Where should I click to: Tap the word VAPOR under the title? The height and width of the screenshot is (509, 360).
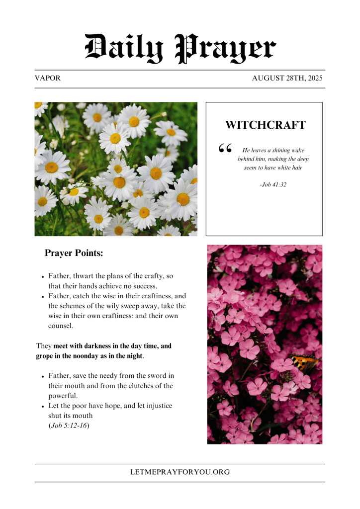coord(48,79)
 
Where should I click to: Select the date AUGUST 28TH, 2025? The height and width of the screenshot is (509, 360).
coord(287,79)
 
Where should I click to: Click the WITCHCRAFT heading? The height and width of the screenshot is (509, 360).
coord(265,125)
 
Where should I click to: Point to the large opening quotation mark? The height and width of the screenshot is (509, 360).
coord(225,148)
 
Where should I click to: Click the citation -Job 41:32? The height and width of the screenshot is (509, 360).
coord(273,184)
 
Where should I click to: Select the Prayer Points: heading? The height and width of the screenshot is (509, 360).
coord(74,253)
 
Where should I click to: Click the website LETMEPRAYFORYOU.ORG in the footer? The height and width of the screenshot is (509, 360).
coord(180,472)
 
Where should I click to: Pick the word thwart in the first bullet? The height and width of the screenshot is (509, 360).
coord(86,276)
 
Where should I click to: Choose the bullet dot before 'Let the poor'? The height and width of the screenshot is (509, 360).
coord(43,406)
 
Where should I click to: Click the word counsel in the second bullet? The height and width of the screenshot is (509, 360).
coord(60,326)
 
